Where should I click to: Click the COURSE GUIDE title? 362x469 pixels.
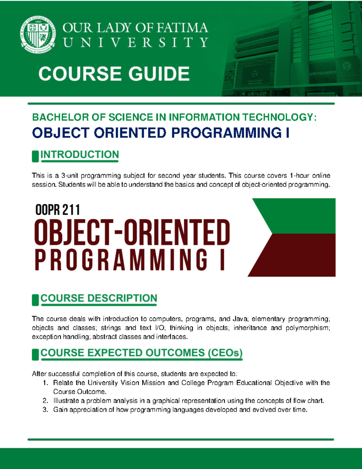point(114,74)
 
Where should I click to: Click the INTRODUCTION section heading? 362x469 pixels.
point(80,155)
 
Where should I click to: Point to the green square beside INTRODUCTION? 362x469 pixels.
point(35,156)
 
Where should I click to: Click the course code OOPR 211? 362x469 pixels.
point(58,210)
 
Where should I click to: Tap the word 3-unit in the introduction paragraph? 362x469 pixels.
point(69,175)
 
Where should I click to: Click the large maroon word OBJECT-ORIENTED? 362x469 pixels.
point(132,233)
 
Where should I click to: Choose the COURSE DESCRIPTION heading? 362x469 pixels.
point(99,298)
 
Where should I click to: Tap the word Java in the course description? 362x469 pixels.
point(240,319)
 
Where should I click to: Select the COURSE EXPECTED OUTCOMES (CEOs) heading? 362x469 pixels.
point(141,353)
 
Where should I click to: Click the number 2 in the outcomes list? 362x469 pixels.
point(45,401)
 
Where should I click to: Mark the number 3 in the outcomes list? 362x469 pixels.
point(45,410)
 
